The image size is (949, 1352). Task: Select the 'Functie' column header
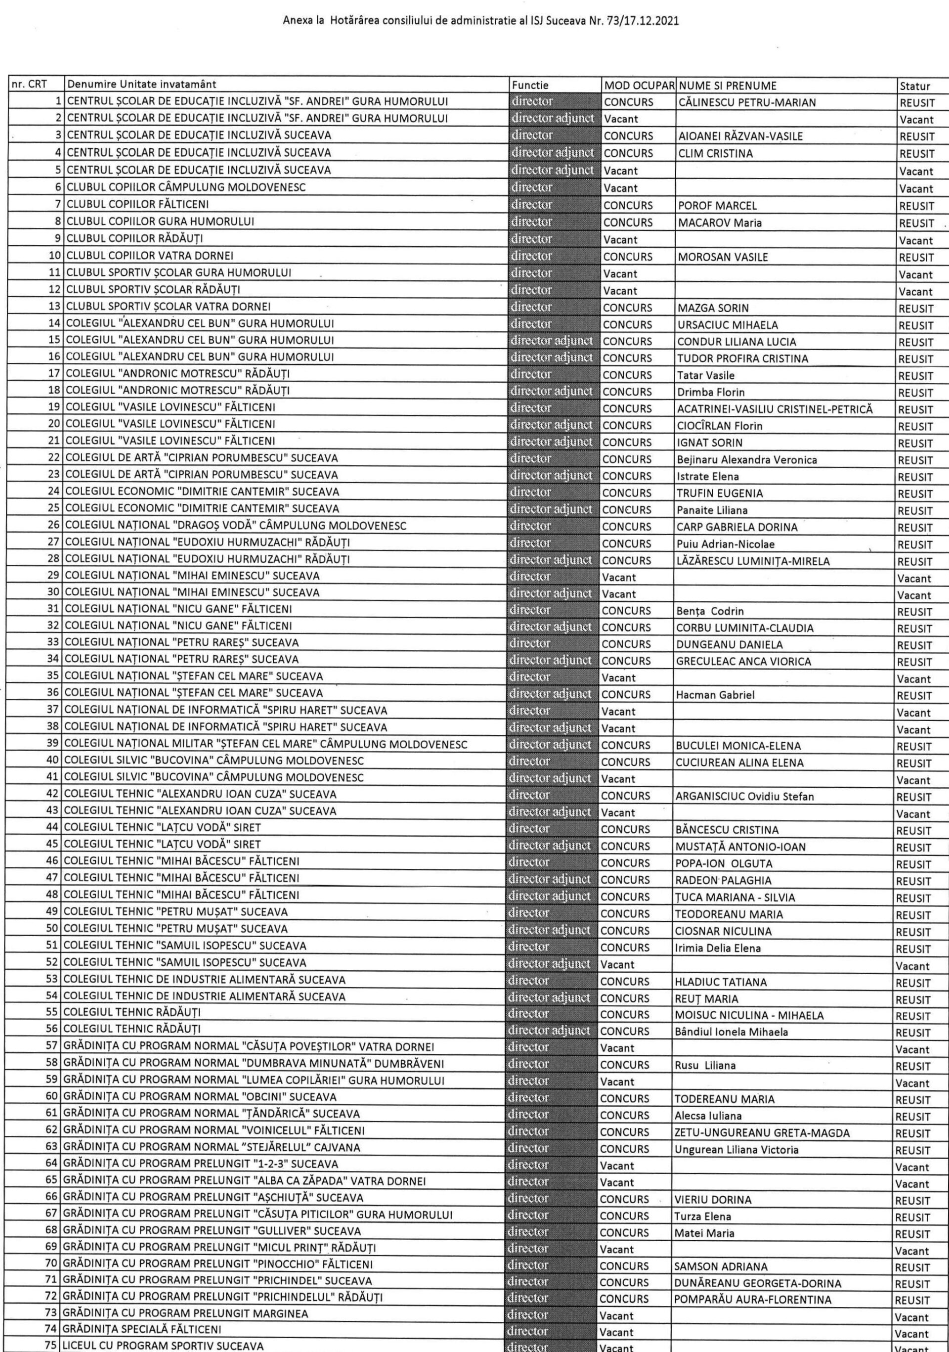click(530, 86)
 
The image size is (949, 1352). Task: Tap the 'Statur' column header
click(915, 87)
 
